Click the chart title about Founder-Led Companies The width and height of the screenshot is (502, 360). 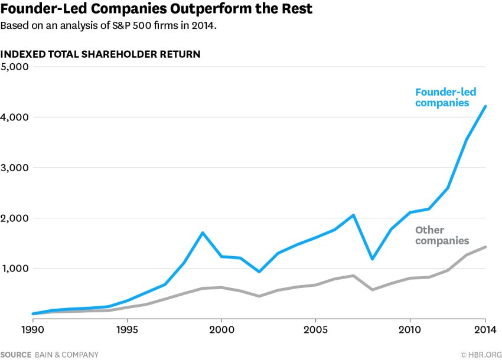pos(157,9)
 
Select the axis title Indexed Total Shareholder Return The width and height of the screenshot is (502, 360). pos(100,54)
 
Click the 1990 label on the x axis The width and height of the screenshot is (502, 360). pos(32,329)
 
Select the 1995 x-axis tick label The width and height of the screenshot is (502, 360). pos(127,329)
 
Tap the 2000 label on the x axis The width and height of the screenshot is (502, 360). pos(221,329)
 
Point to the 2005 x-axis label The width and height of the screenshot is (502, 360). pos(315,329)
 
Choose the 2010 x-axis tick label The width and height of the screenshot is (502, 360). pos(410,329)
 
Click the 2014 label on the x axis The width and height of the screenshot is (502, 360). pos(485,329)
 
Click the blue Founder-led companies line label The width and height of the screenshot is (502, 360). pos(445,97)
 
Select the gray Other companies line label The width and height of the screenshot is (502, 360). pos(442,235)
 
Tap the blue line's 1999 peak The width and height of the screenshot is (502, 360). pos(203,233)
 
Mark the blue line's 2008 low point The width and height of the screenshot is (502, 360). pos(372,258)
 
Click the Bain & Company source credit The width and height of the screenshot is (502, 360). pos(50,355)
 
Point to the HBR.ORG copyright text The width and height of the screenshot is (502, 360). pos(479,355)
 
